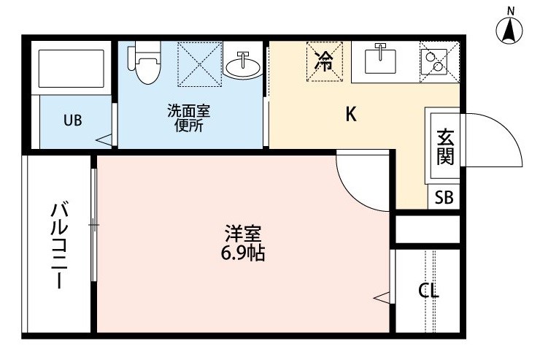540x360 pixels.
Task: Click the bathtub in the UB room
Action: [x=72, y=69]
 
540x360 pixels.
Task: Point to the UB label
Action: [x=73, y=120]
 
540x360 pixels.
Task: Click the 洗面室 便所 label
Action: [x=188, y=118]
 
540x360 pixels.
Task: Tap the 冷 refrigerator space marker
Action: [x=325, y=61]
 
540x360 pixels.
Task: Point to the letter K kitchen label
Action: [x=351, y=114]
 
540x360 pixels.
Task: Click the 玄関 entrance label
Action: [x=446, y=147]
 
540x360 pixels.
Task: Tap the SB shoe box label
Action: [x=444, y=198]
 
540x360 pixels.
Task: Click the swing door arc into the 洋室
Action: [x=351, y=193]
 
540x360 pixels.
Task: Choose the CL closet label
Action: [x=428, y=291]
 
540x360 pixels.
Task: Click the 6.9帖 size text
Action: [x=243, y=253]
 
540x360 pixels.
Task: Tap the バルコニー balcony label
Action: [x=60, y=245]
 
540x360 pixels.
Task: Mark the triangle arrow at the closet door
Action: [x=382, y=298]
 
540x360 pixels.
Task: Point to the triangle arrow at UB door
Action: [x=104, y=140]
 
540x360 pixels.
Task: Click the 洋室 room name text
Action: [x=243, y=234]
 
